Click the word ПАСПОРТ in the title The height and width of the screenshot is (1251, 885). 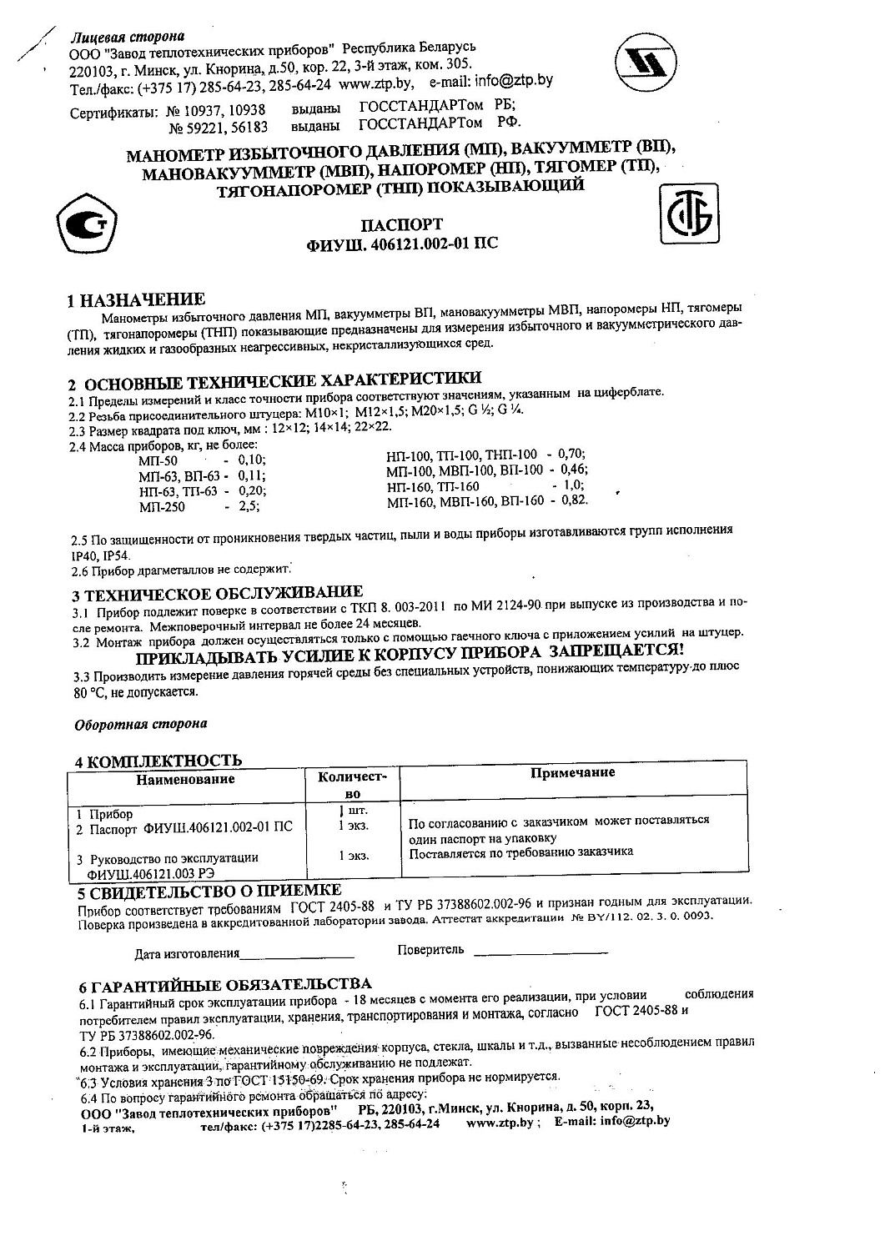click(401, 224)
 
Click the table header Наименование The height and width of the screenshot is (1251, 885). click(186, 780)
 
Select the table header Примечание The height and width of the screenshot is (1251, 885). click(573, 773)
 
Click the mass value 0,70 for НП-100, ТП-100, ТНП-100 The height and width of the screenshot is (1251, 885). click(572, 454)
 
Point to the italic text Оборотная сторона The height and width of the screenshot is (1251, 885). click(141, 724)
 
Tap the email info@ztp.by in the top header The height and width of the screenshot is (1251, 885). click(514, 82)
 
